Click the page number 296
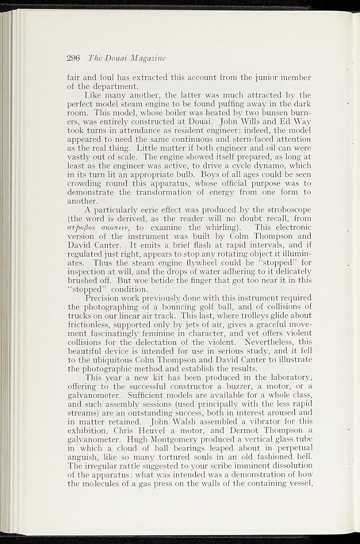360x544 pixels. tap(73, 57)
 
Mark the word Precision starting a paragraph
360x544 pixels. tap(107, 298)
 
